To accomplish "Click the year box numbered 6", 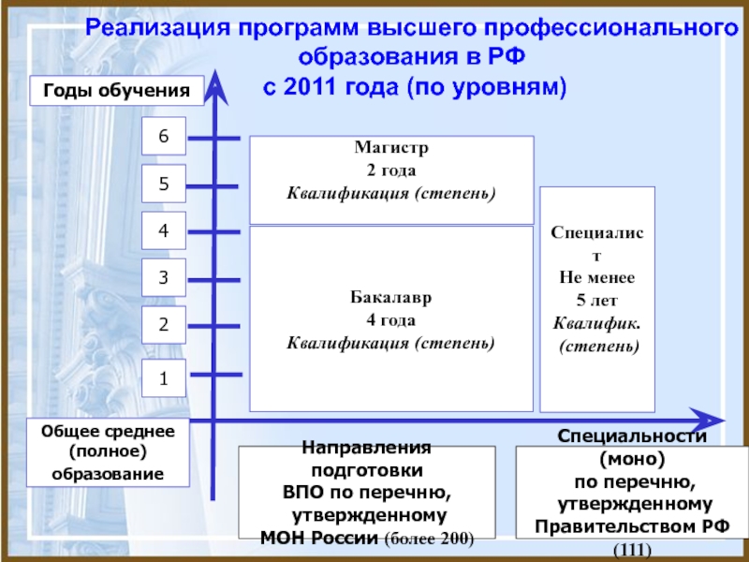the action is tap(164, 137).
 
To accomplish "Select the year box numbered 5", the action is tap(164, 185).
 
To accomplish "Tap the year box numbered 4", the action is tap(164, 230).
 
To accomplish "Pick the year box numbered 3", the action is tap(164, 277).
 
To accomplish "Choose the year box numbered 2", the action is tap(164, 325).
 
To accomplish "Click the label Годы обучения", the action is tap(117, 92).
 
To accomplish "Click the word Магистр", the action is tap(391, 148).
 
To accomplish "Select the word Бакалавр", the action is tap(391, 300).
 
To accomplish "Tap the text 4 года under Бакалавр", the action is tap(391, 321).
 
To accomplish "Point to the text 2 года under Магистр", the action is tap(391, 170).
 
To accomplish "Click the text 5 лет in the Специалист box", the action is tap(596, 300).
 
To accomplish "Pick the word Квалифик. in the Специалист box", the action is tap(596, 323).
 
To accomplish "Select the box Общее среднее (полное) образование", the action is tap(108, 452).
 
